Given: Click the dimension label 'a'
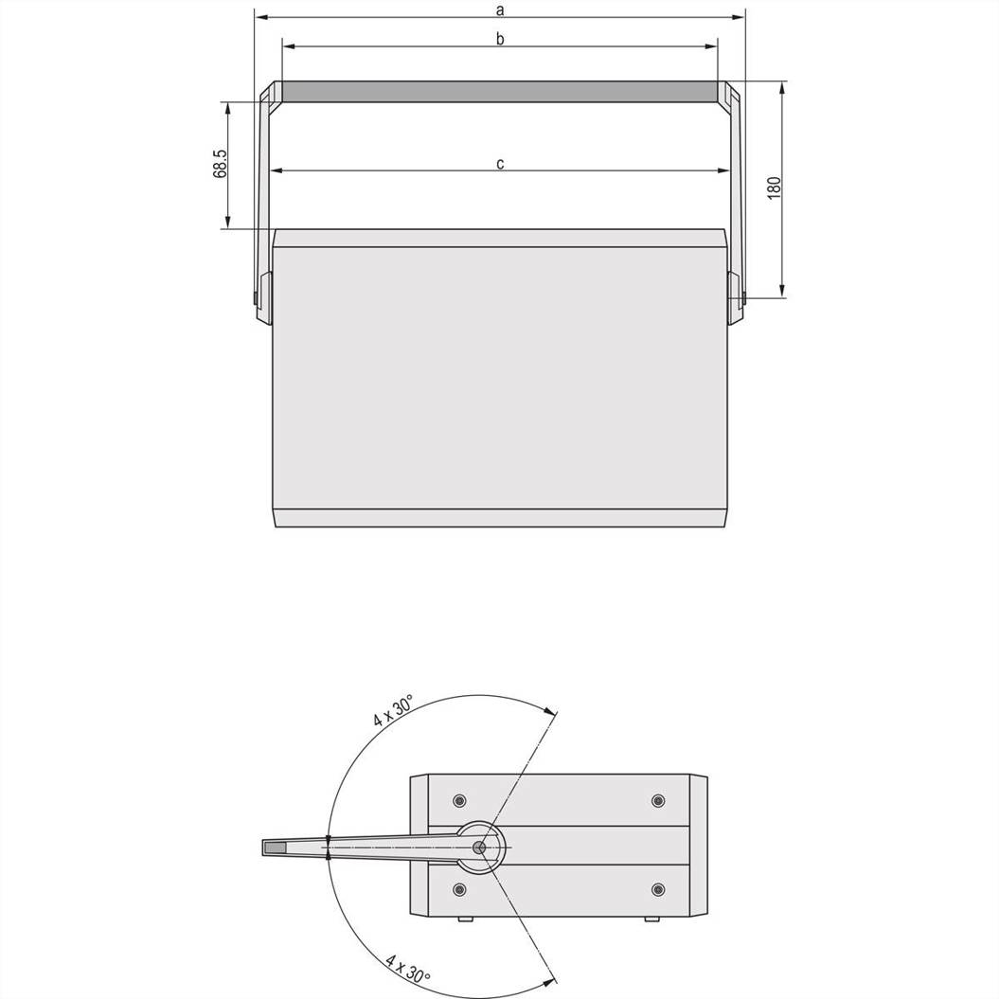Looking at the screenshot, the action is pos(500,10).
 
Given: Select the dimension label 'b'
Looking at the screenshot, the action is pos(500,39).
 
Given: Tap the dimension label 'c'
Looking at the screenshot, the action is pos(500,164).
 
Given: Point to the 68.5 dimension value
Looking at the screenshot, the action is pos(220,164).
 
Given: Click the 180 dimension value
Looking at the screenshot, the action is pos(774,187).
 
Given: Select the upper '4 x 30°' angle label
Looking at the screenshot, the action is pos(393,710).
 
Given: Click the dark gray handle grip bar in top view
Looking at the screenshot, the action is pos(500,92).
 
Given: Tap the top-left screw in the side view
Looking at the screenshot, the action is pos(458,800).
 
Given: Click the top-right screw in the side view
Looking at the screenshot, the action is pos(657,800).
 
